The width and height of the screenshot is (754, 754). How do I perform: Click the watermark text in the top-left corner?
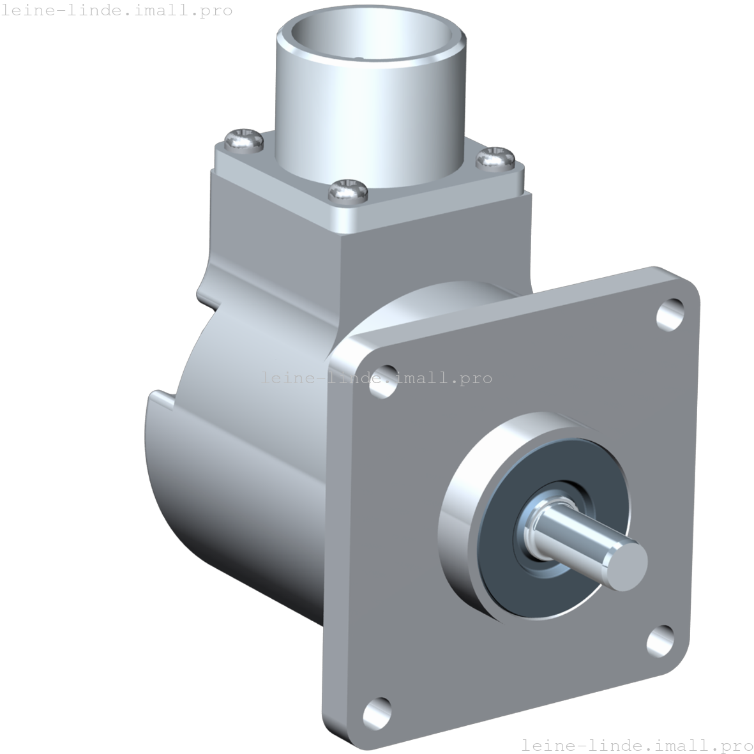(x=117, y=10)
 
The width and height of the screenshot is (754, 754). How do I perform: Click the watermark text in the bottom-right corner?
(x=637, y=744)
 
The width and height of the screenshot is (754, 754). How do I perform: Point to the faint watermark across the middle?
(x=377, y=378)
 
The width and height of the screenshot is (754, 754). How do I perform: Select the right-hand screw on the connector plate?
(x=495, y=157)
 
